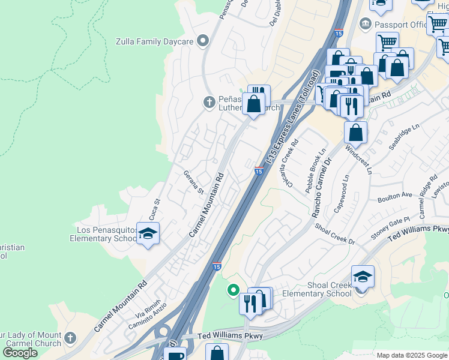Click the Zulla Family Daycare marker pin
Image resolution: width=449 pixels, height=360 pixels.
[x=203, y=41]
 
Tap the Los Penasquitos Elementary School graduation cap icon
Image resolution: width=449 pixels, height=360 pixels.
[x=147, y=234]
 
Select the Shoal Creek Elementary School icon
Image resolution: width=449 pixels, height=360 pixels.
[x=363, y=277]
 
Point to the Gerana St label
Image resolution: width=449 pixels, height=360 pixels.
[x=193, y=181]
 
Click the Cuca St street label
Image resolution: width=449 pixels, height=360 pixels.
[x=154, y=209]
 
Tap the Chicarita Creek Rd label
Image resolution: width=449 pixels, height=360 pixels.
[x=292, y=164]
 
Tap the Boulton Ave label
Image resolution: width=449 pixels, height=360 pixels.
[x=394, y=196]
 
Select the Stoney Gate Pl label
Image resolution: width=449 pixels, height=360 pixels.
[x=390, y=228]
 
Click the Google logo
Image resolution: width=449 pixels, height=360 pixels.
[x=20, y=353]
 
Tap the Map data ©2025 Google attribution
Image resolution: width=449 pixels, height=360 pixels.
[x=412, y=355]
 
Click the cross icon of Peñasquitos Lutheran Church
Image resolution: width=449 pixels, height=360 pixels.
[x=209, y=102]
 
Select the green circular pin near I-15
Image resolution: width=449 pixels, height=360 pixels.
[x=234, y=291]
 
